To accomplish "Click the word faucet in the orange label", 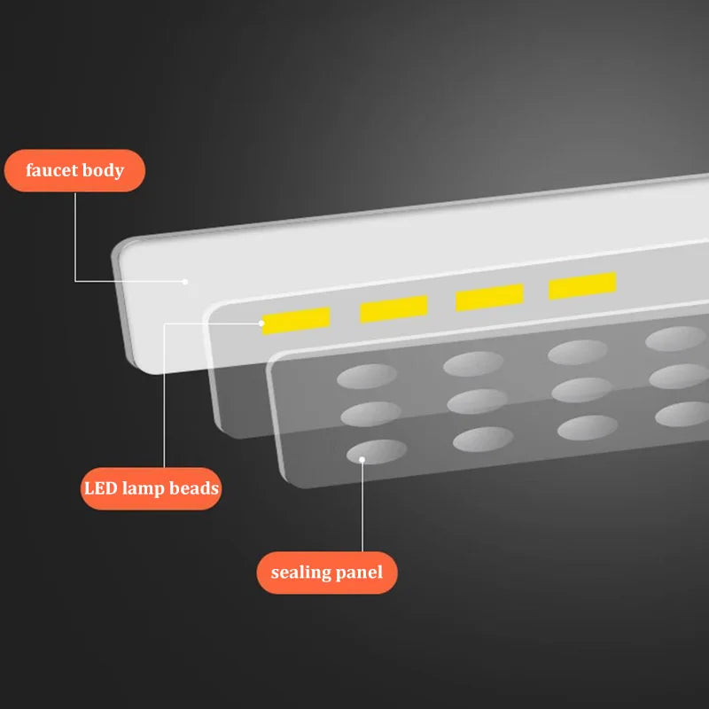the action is click(x=51, y=170).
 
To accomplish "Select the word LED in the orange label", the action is click(x=101, y=488).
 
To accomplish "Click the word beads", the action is click(x=194, y=488).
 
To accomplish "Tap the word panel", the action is click(x=359, y=573).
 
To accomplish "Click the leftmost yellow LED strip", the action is click(x=296, y=321).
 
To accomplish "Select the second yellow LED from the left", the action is click(x=393, y=308).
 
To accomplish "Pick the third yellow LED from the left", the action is click(x=490, y=297).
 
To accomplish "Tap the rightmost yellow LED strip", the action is click(x=582, y=285).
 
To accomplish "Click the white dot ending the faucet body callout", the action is click(x=184, y=282).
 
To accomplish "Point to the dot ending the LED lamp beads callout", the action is click(x=261, y=323).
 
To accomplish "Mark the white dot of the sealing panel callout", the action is click(x=362, y=459).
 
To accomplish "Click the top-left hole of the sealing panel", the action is click(x=367, y=376).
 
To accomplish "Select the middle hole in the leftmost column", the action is click(x=370, y=414).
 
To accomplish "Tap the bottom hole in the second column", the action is click(x=483, y=439).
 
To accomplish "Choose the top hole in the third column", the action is click(x=578, y=352).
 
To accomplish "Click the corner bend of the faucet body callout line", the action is click(x=75, y=281).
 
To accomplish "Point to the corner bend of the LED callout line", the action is click(x=164, y=323).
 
